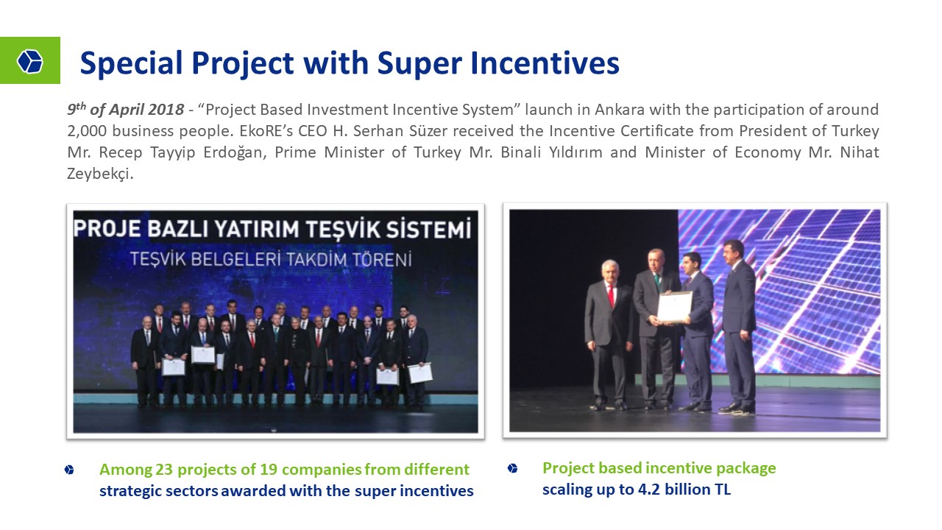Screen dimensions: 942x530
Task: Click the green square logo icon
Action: tap(30, 60)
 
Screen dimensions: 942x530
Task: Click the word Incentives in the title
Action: tap(545, 63)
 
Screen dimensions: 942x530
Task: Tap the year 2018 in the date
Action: tap(166, 110)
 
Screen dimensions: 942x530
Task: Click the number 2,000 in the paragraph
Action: tap(87, 131)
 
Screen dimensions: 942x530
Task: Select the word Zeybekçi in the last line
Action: tap(100, 174)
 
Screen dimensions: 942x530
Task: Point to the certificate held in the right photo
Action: tap(675, 307)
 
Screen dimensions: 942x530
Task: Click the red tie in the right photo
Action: tap(611, 296)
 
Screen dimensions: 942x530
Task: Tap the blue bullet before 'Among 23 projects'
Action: tap(69, 470)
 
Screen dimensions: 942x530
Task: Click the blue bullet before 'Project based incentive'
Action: tap(512, 468)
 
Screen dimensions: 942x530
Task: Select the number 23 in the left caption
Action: tap(164, 470)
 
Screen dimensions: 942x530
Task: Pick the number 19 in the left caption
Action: tap(269, 470)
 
